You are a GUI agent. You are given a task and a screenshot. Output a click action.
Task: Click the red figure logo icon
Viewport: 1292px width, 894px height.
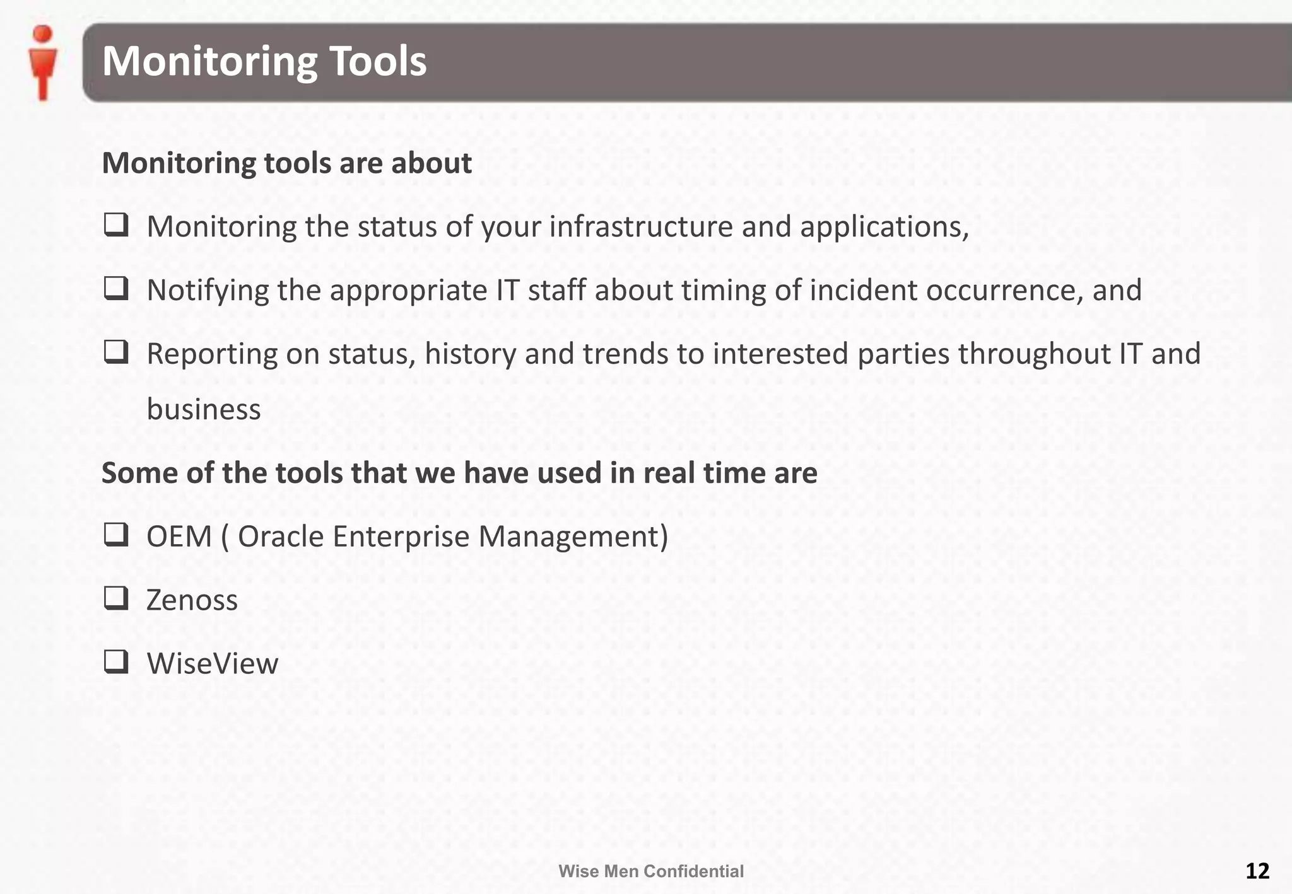[x=43, y=63]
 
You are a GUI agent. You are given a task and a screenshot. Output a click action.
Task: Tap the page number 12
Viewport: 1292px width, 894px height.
[x=1257, y=871]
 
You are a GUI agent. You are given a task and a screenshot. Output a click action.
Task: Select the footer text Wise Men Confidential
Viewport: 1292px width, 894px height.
[x=650, y=871]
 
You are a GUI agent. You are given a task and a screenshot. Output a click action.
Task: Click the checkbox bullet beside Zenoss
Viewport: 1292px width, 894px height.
[x=116, y=598]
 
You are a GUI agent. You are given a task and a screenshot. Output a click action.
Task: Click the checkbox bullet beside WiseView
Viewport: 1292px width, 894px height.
[x=116, y=662]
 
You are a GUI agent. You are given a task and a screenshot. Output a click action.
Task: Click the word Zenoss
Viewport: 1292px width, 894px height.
[x=192, y=600]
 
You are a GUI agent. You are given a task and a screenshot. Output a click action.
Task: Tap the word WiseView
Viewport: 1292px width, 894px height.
[x=212, y=663]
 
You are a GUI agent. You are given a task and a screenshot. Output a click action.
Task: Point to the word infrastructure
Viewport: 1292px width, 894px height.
[x=640, y=227]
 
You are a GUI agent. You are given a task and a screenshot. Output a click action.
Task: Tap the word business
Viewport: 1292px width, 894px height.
[x=203, y=409]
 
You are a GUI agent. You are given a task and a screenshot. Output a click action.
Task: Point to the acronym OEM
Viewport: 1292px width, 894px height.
[x=179, y=537]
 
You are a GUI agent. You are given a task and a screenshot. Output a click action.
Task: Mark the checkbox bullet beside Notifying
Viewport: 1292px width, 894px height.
[x=116, y=289]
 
